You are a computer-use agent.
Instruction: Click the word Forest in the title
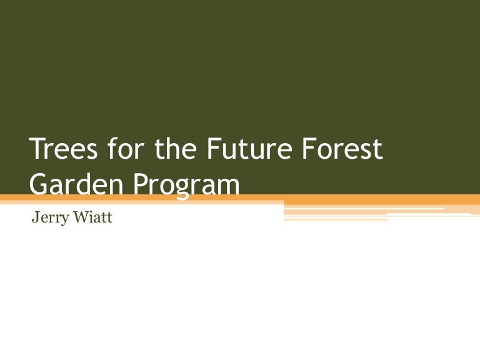tap(341, 151)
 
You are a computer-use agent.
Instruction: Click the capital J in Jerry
tap(34, 219)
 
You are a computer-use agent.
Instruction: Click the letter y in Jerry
tap(62, 222)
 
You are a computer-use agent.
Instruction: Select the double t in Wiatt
tap(106, 219)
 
